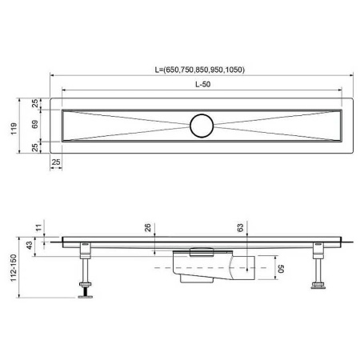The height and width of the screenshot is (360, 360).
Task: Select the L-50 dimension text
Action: pyautogui.click(x=206, y=85)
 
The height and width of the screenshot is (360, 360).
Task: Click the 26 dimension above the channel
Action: pyautogui.click(x=148, y=228)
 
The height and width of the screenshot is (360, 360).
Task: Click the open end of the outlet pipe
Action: pyautogui.click(x=254, y=268)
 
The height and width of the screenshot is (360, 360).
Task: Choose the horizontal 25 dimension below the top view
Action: pyautogui.click(x=55, y=162)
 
